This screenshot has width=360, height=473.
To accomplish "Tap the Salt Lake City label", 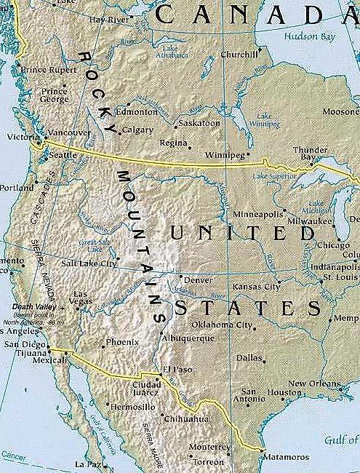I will click(x=89, y=263).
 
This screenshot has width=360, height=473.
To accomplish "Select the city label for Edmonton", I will click(x=137, y=112).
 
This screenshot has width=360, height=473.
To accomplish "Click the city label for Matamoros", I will click(x=287, y=457).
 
